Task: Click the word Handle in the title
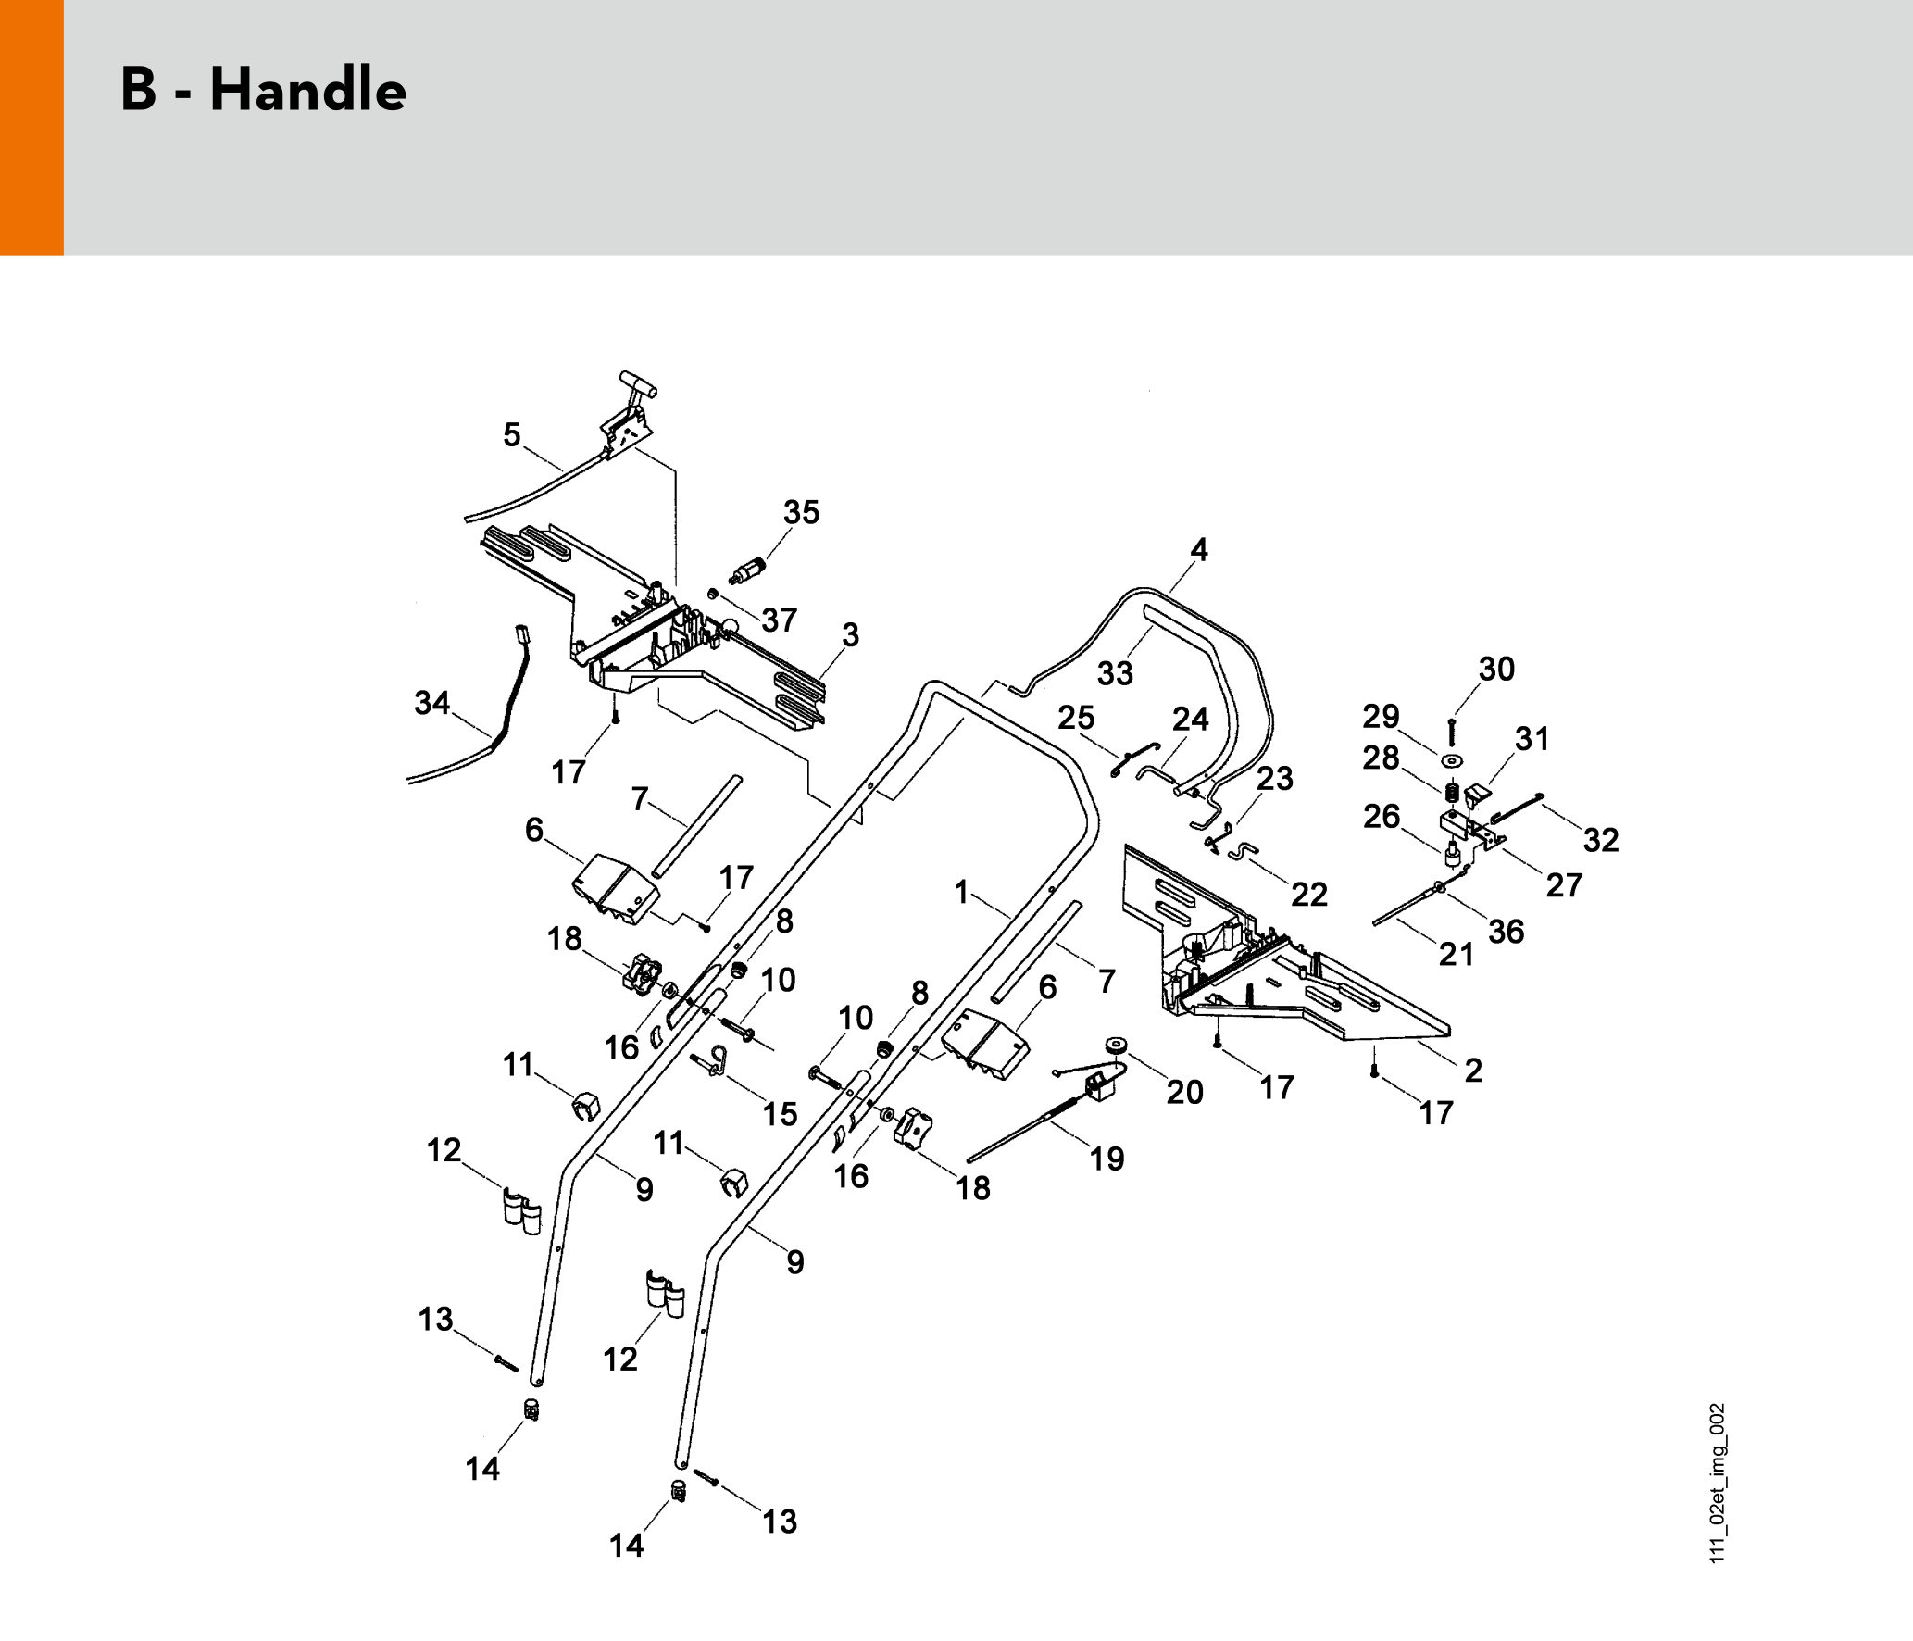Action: click(x=308, y=90)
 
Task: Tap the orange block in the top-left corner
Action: click(x=31, y=127)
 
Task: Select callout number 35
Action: click(x=801, y=512)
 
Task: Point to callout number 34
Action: click(x=431, y=703)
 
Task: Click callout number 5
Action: click(x=512, y=434)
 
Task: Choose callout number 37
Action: click(x=779, y=620)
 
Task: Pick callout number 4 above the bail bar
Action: click(x=1199, y=549)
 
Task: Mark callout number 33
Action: click(x=1115, y=673)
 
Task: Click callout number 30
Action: click(x=1496, y=669)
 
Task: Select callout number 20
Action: click(x=1184, y=1092)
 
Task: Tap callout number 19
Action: click(x=1107, y=1159)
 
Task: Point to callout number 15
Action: click(x=780, y=1114)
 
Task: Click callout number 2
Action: click(x=1473, y=1071)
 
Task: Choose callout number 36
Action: click(x=1506, y=932)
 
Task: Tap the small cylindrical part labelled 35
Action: click(x=747, y=571)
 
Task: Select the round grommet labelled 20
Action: click(x=1117, y=1046)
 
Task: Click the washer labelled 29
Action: click(x=1452, y=761)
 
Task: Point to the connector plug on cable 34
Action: click(x=523, y=635)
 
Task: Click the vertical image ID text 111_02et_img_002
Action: click(x=1717, y=1483)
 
